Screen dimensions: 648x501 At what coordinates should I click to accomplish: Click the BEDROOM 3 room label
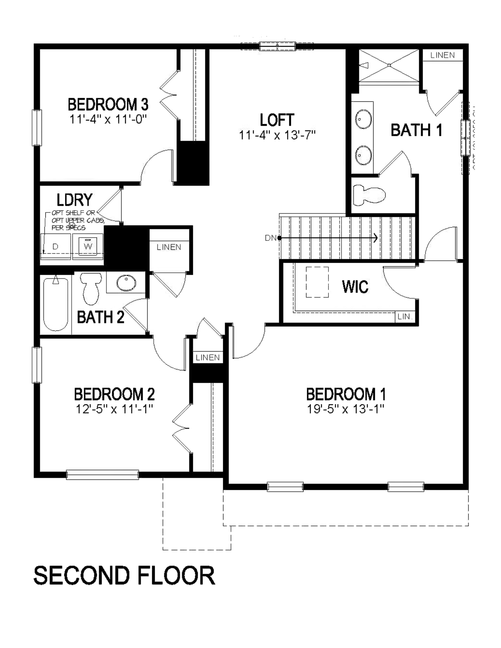108,105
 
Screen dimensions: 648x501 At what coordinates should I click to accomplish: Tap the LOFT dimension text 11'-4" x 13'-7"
277,135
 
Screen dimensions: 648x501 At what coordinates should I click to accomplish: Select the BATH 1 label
416,130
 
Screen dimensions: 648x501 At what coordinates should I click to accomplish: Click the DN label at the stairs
270,238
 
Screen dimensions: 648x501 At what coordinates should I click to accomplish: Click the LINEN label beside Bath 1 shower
442,55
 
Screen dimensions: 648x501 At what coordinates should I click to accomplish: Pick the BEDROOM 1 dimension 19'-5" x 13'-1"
346,409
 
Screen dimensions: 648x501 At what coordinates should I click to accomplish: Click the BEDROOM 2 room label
114,394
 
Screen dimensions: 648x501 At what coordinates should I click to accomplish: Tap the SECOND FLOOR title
124,576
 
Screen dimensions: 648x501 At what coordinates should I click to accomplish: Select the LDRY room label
75,200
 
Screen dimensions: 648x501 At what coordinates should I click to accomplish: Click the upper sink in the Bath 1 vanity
364,119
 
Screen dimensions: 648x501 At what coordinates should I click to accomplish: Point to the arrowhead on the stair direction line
376,238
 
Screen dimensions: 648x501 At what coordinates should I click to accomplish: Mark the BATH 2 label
101,317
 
